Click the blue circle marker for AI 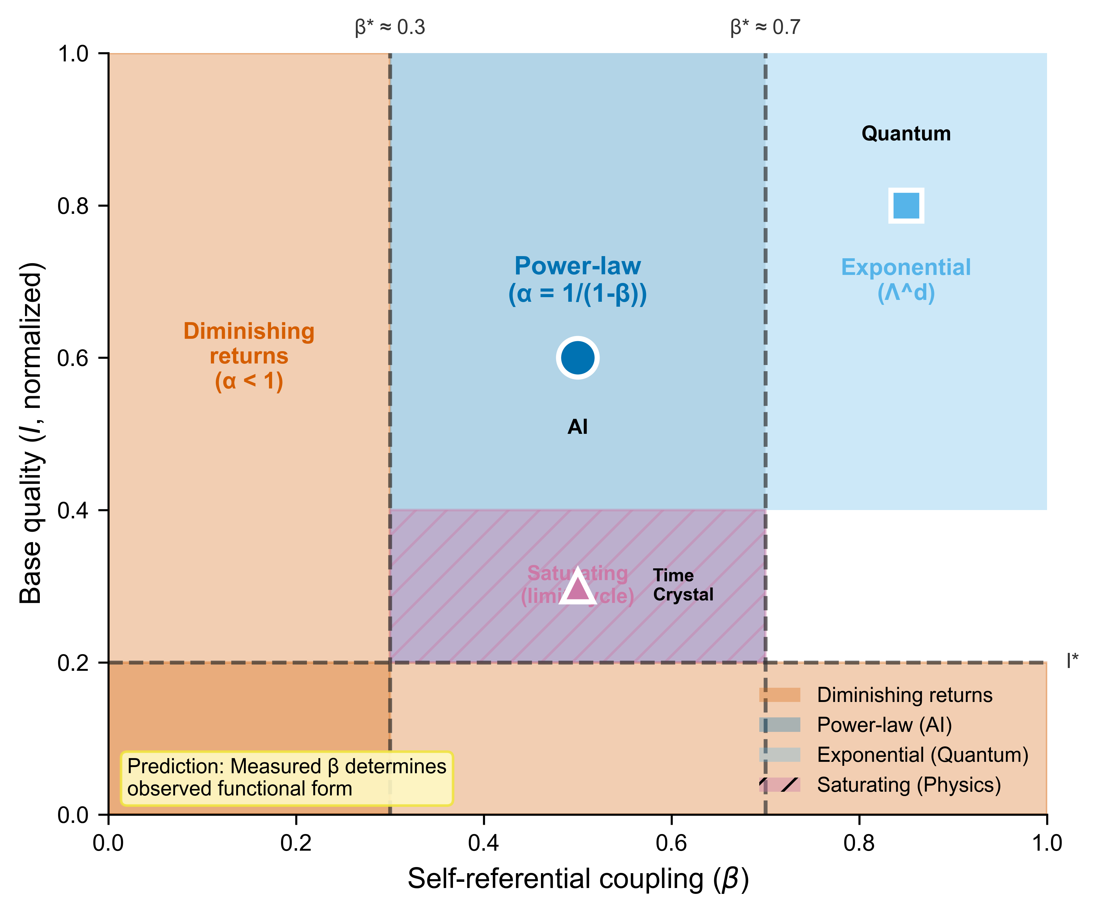[577, 358]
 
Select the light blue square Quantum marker [906, 205]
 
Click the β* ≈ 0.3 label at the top [390, 27]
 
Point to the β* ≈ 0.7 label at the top [765, 27]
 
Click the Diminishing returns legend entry [904, 695]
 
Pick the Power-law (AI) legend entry [884, 725]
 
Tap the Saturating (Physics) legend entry [908, 784]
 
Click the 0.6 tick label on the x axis [671, 843]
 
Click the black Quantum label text [906, 134]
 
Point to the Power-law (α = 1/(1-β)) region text [577, 280]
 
